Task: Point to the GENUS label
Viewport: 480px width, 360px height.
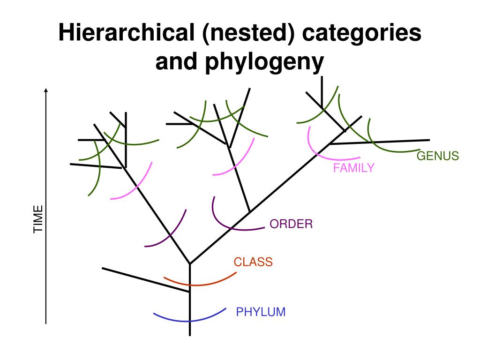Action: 438,156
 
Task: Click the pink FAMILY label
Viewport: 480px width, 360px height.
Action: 354,168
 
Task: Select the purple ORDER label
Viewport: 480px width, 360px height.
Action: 291,224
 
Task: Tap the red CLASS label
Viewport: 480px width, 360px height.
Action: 253,262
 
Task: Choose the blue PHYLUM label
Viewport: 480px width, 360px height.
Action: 261,312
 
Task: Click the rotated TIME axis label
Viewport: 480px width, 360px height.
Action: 38,219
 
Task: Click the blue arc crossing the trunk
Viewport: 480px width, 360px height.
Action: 190,320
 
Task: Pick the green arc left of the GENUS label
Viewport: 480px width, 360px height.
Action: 389,149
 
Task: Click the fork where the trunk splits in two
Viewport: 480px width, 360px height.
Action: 190,263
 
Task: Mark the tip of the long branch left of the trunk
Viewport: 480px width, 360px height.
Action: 103,268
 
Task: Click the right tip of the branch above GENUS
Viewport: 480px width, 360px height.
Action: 429,140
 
